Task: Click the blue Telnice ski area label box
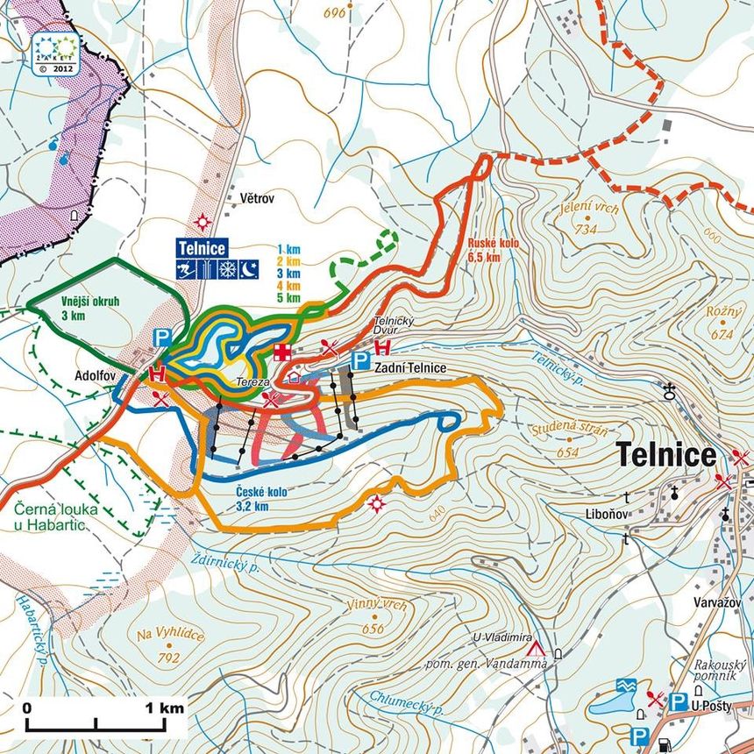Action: click(202, 247)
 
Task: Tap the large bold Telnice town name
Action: click(666, 455)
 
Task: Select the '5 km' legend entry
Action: click(288, 298)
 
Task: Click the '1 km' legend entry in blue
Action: click(288, 248)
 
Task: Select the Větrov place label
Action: click(257, 200)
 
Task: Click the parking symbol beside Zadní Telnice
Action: click(359, 359)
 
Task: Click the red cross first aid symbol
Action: click(282, 352)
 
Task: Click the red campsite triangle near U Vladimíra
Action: click(536, 650)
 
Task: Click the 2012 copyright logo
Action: click(55, 51)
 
